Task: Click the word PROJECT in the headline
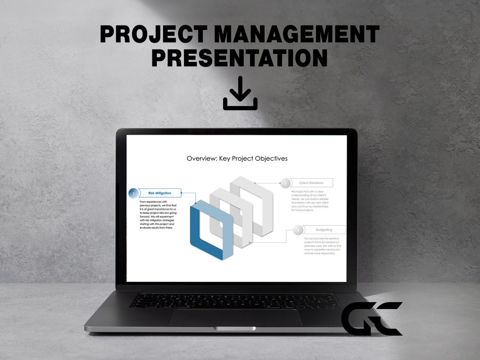click(154, 34)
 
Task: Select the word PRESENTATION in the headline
click(240, 58)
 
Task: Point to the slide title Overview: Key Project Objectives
click(237, 159)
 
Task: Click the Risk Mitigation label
click(160, 193)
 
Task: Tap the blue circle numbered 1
click(133, 193)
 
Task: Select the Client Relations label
click(311, 183)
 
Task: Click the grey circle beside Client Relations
click(285, 183)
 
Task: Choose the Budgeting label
click(324, 230)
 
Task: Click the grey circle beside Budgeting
click(298, 230)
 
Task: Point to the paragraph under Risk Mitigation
click(158, 215)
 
